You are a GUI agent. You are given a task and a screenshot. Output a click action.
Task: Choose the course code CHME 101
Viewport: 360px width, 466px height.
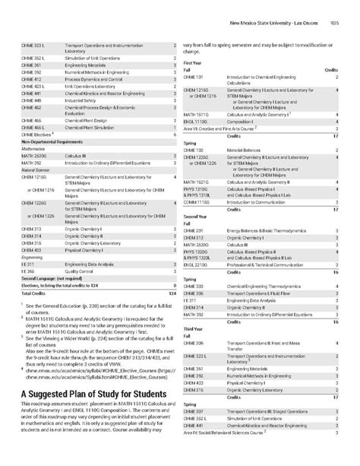pos(194,77)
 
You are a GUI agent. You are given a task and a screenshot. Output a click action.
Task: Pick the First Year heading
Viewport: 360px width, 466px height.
pos(193,62)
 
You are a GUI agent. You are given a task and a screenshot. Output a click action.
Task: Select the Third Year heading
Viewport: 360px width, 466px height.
pos(194,328)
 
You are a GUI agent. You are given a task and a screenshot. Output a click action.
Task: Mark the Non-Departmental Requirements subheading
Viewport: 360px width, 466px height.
pos(49,141)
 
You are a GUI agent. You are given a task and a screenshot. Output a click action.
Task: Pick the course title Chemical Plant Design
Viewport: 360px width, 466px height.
pos(86,120)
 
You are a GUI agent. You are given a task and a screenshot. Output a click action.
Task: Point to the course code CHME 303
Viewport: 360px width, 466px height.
pos(194,284)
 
